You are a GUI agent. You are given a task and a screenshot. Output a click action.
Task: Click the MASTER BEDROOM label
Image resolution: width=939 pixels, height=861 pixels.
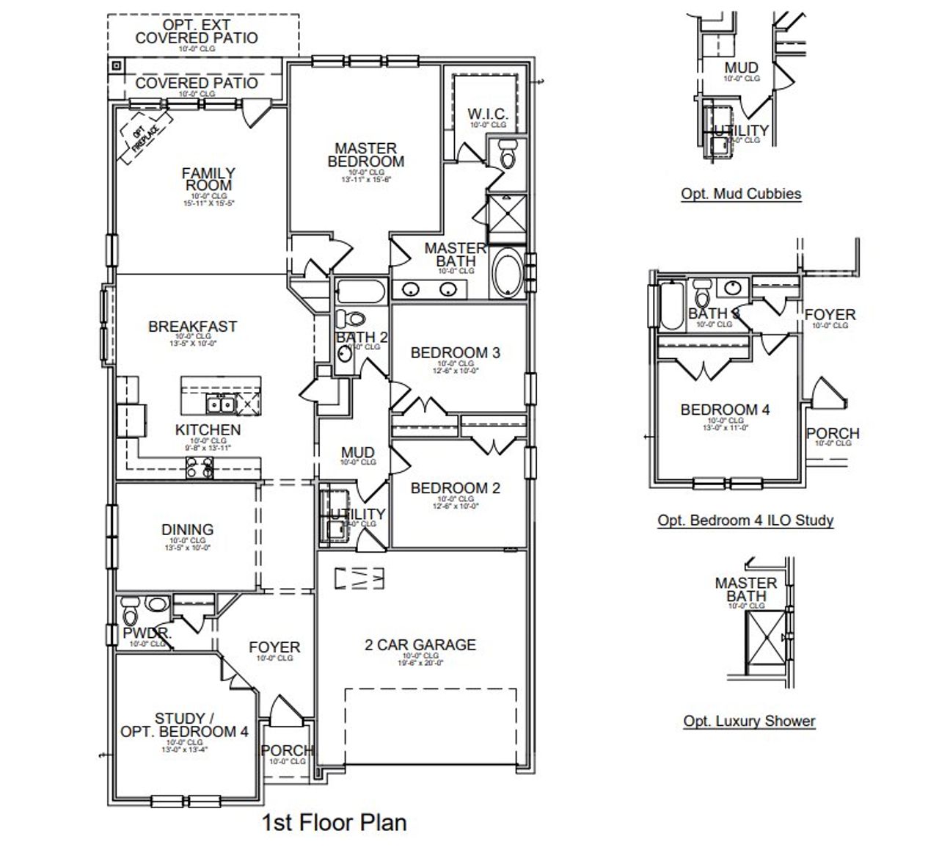pyautogui.click(x=365, y=155)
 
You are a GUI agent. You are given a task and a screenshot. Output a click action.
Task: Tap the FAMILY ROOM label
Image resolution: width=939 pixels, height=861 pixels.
pyautogui.click(x=208, y=180)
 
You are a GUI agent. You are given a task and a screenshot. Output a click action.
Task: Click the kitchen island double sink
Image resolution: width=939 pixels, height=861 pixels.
pyautogui.click(x=220, y=403)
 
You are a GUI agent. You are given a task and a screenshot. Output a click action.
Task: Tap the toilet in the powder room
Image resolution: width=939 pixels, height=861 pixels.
pyautogui.click(x=131, y=611)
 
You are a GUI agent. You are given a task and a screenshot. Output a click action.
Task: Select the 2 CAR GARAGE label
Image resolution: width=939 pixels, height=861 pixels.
pyautogui.click(x=420, y=645)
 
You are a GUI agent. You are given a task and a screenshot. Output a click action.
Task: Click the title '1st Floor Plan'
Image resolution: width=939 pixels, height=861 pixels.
pyautogui.click(x=334, y=822)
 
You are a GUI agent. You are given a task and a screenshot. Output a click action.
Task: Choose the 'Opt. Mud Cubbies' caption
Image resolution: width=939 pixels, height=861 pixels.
pyautogui.click(x=741, y=195)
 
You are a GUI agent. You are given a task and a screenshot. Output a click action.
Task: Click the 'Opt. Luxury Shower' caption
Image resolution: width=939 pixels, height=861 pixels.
pyautogui.click(x=749, y=721)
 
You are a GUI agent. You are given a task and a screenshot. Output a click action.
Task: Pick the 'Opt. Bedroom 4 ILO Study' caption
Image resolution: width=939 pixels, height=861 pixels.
pyautogui.click(x=745, y=520)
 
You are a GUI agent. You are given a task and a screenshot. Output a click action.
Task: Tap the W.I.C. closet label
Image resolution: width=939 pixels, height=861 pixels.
pyautogui.click(x=488, y=114)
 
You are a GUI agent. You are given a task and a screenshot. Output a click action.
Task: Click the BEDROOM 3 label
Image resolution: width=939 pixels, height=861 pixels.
pyautogui.click(x=455, y=353)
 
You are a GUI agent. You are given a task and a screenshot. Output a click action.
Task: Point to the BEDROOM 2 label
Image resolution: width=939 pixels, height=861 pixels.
pyautogui.click(x=455, y=488)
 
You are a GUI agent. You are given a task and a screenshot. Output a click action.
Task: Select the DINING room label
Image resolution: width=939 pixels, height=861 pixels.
pyautogui.click(x=187, y=529)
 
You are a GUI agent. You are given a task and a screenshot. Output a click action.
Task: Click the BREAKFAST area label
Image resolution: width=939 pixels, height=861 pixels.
pyautogui.click(x=192, y=327)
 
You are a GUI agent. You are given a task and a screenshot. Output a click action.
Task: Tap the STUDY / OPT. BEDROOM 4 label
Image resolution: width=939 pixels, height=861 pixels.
pyautogui.click(x=184, y=725)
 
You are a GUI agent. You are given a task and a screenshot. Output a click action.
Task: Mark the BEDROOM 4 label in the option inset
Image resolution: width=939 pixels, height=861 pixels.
pyautogui.click(x=725, y=410)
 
